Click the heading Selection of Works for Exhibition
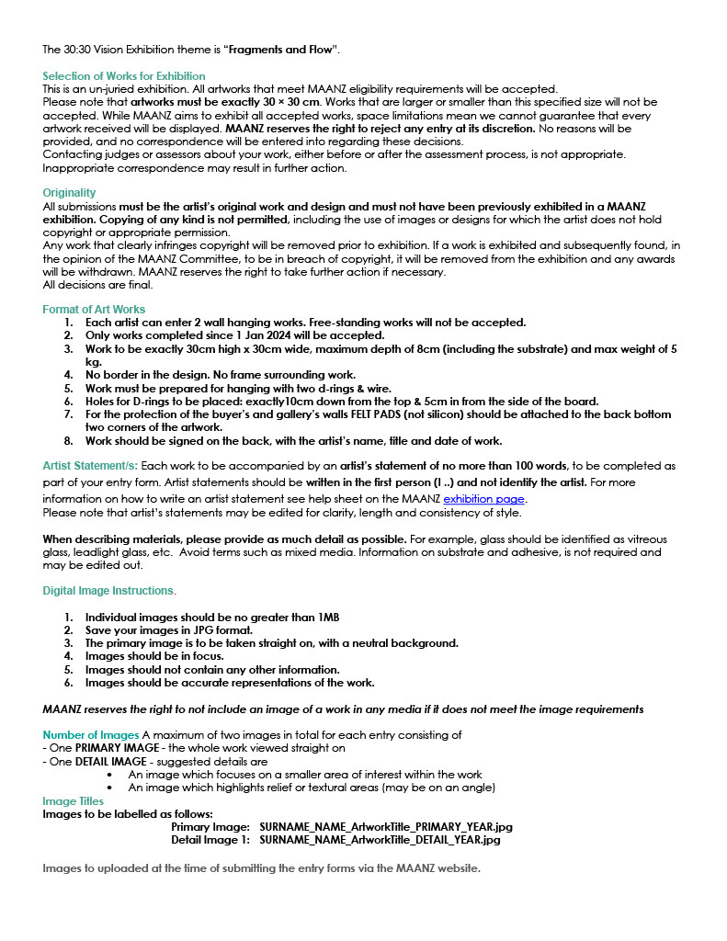click(124, 75)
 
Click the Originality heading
click(69, 193)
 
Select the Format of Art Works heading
click(94, 310)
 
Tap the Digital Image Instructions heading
click(108, 590)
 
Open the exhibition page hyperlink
click(483, 499)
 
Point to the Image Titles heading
click(74, 801)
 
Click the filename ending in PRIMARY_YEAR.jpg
click(380, 827)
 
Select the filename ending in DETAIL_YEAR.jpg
click(380, 840)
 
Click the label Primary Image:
click(210, 827)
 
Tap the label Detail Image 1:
click(210, 840)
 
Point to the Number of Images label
click(91, 734)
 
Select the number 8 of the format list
click(68, 441)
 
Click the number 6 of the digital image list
click(68, 683)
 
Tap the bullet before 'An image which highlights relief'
click(110, 788)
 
